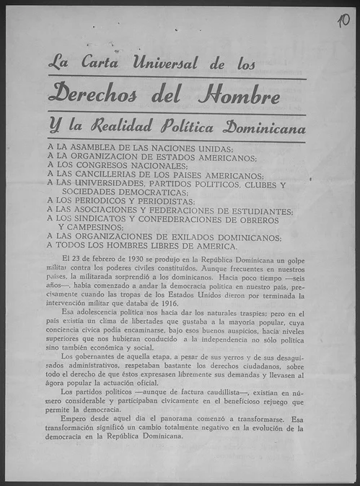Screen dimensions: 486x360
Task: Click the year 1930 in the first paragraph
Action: click(x=125, y=257)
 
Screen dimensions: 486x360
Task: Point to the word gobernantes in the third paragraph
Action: click(x=92, y=355)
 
